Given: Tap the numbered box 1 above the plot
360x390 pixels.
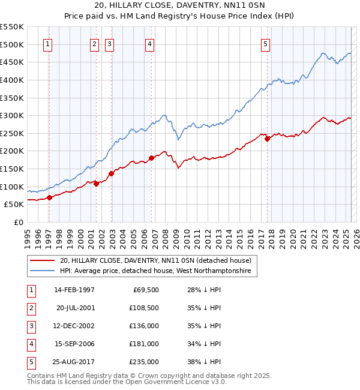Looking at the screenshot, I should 47,43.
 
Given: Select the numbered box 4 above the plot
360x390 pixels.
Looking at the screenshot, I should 149,43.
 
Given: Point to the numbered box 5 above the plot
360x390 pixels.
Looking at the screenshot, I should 265,43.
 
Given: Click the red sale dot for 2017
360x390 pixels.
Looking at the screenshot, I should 268,139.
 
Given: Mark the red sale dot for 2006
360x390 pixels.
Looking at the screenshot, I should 151,158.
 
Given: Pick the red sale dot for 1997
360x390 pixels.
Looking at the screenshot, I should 49,197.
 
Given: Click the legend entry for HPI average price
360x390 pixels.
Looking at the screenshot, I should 158,271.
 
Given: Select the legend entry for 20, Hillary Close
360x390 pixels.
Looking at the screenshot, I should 158,260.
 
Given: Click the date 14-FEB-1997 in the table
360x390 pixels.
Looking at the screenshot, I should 74,290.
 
